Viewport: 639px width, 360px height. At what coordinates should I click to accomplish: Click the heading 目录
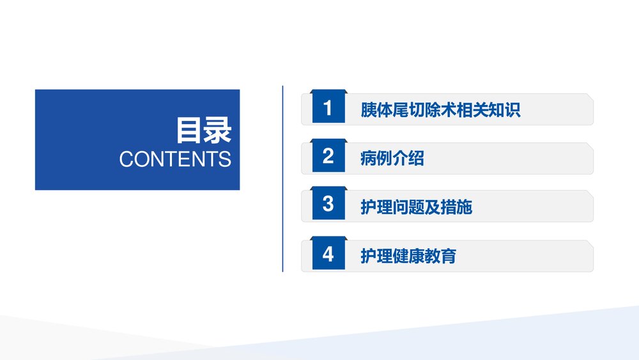click(x=204, y=131)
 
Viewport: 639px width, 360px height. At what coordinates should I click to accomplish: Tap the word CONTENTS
click(x=175, y=159)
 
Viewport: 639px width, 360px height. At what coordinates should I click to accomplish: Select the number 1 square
click(x=328, y=108)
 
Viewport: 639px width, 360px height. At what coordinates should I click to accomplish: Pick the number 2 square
click(x=328, y=157)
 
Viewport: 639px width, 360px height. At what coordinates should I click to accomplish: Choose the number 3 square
click(x=328, y=205)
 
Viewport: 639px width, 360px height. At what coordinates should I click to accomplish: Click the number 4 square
click(x=328, y=254)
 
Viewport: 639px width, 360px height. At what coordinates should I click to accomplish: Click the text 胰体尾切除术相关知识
click(x=440, y=109)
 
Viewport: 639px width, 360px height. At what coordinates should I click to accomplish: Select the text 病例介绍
click(x=392, y=158)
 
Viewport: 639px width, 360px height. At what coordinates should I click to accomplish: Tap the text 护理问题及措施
click(x=416, y=207)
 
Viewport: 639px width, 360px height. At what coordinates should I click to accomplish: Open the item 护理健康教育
click(x=408, y=256)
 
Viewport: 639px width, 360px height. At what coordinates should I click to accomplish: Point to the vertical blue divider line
click(x=282, y=179)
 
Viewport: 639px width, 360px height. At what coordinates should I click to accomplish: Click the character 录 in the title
click(x=218, y=131)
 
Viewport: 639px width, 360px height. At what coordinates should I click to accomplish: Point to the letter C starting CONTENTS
click(x=126, y=159)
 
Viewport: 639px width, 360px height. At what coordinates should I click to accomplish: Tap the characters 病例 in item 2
click(x=376, y=158)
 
